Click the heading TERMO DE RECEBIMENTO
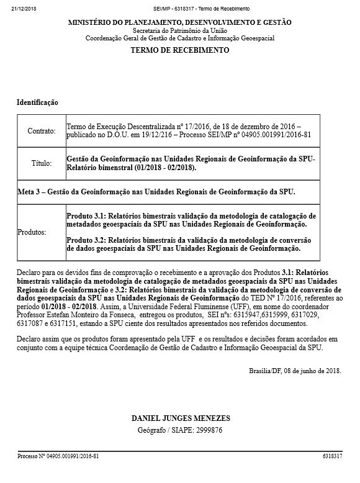pyautogui.click(x=180, y=50)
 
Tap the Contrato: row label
pyautogui.click(x=42, y=131)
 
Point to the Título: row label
pyautogui.click(x=42, y=163)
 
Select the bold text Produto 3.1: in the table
pyautogui.click(x=88, y=215)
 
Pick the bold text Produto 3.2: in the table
pyautogui.click(x=88, y=240)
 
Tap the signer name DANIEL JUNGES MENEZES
pyautogui.click(x=179, y=418)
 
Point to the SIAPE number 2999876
pyautogui.click(x=208, y=430)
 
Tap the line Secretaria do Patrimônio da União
pyautogui.click(x=180, y=30)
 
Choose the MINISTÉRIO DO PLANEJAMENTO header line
pyautogui.click(x=180, y=22)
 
